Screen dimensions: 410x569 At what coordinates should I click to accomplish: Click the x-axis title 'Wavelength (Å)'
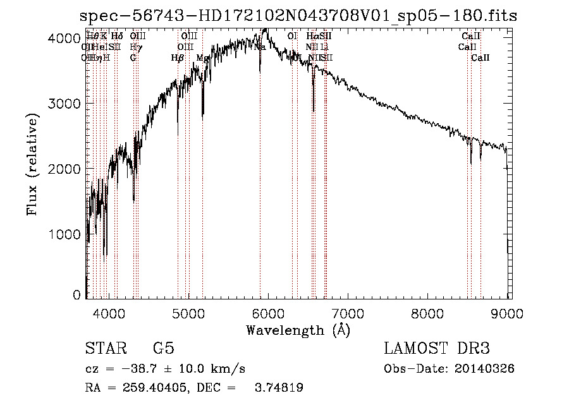pyautogui.click(x=298, y=330)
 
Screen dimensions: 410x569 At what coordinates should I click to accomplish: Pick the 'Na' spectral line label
pyautogui.click(x=260, y=47)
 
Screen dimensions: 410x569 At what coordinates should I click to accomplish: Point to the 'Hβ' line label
pyautogui.click(x=178, y=58)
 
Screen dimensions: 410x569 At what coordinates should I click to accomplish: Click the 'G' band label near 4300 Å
pyautogui.click(x=133, y=58)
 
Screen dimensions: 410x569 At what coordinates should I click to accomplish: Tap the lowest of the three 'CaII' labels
pyautogui.click(x=480, y=58)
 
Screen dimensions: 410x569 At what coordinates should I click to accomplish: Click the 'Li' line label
pyautogui.click(x=324, y=47)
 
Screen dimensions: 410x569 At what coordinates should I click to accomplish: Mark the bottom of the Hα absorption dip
pyautogui.click(x=314, y=111)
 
